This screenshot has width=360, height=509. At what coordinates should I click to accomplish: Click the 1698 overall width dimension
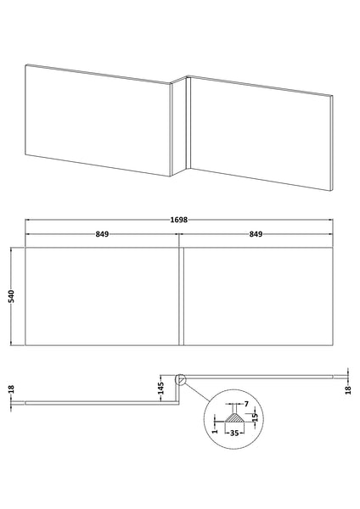click(178, 220)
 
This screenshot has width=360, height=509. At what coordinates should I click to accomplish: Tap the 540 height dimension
click(9, 297)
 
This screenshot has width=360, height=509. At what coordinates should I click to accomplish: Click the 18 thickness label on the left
click(9, 391)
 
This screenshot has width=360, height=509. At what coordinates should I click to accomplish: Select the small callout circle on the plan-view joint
click(179, 381)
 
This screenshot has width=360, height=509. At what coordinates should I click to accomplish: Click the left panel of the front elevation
click(103, 297)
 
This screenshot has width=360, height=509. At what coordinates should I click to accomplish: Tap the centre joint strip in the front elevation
click(180, 297)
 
